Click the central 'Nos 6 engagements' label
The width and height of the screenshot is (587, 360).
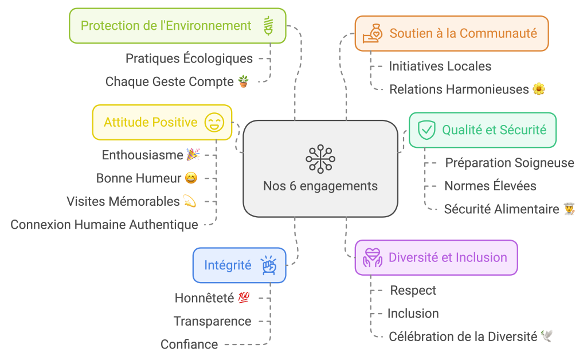tap(320, 186)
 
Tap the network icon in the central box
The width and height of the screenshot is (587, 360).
tap(320, 159)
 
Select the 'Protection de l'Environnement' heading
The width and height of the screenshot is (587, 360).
tap(166, 26)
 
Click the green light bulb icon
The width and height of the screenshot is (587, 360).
tap(268, 26)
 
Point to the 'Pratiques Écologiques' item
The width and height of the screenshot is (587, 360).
tap(189, 58)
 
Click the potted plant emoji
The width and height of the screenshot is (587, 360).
tap(244, 81)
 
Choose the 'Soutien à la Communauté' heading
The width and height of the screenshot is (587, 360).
tap(463, 33)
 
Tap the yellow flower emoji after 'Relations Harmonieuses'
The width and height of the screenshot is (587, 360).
tap(539, 89)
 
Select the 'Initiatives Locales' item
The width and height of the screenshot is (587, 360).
tap(440, 66)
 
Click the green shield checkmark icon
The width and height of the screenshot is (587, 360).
tap(426, 130)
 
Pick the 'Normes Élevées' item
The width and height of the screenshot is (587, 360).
tap(490, 186)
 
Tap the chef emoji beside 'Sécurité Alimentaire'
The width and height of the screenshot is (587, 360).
tap(569, 209)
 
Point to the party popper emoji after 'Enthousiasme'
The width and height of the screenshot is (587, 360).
tap(193, 155)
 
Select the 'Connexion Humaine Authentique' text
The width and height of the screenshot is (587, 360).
tap(104, 225)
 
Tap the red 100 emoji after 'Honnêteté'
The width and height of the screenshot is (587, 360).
tap(244, 298)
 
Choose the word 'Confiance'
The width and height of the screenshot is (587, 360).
tap(189, 345)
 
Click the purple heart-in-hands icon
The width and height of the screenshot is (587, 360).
tap(372, 258)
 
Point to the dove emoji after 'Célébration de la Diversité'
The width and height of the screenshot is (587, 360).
tap(546, 336)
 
